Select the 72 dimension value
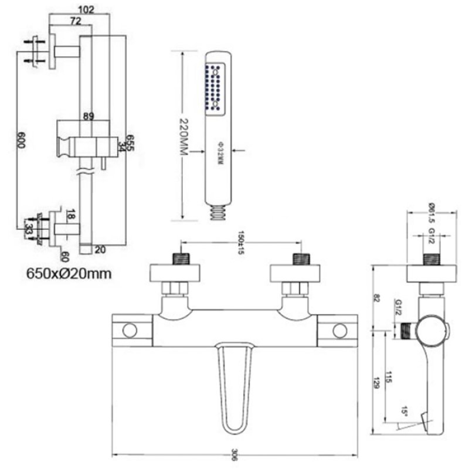click(x=75, y=22)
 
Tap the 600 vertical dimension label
click(x=21, y=139)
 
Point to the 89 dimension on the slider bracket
click(x=89, y=117)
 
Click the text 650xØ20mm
click(x=69, y=273)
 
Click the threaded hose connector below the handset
click(x=217, y=212)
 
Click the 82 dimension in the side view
click(x=377, y=298)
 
